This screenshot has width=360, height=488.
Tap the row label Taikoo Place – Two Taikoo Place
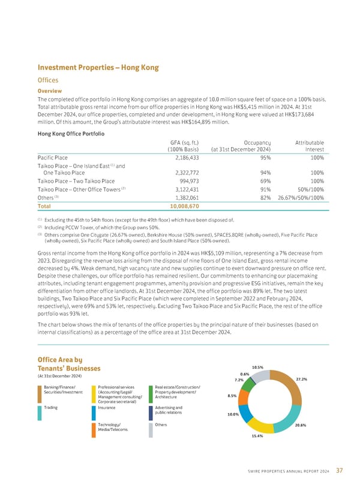[76, 180]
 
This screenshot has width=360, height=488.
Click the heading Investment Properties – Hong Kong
[98, 68]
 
